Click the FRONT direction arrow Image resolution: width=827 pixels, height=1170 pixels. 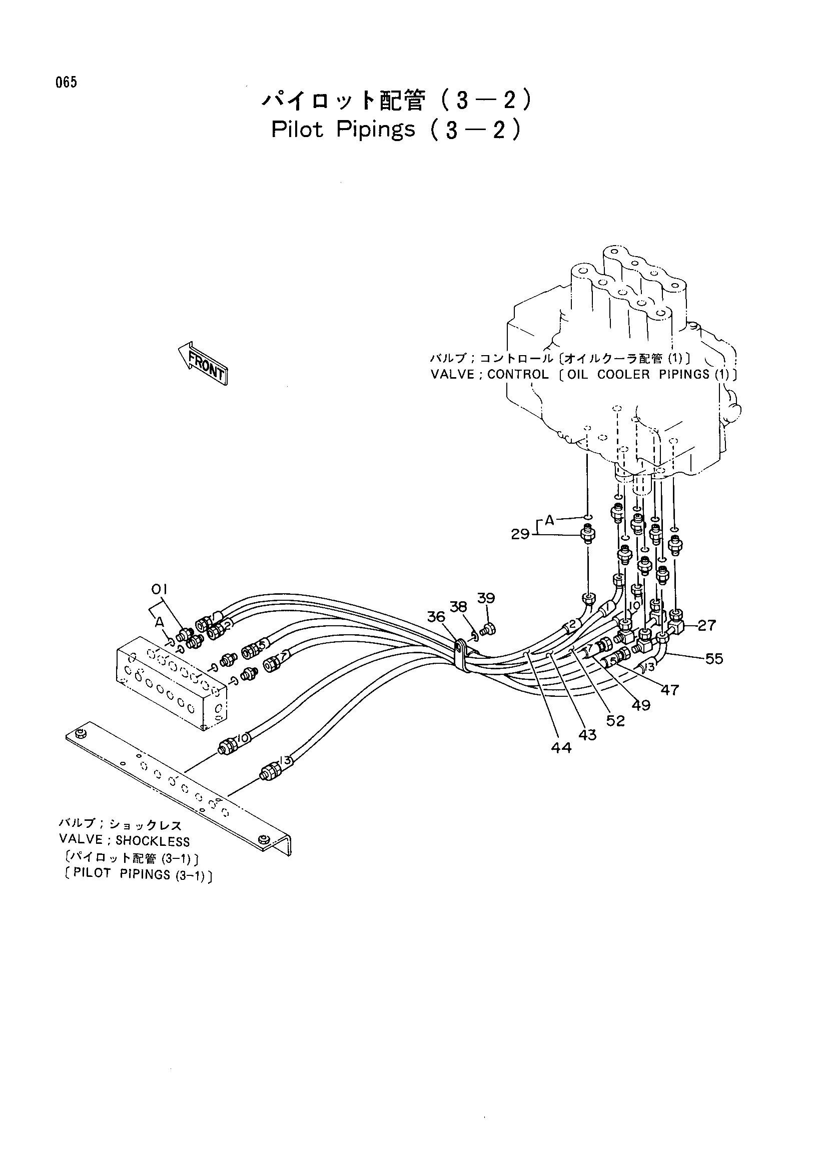click(x=202, y=362)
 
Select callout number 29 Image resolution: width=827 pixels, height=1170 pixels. click(x=521, y=535)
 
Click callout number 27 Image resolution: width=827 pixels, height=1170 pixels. click(x=707, y=625)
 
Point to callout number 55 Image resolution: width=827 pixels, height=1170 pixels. click(x=714, y=659)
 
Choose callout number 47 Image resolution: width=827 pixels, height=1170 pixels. click(x=669, y=690)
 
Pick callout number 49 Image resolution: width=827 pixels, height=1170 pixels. click(x=641, y=705)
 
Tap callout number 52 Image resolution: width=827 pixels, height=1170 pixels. click(x=615, y=720)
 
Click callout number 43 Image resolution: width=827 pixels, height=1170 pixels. click(x=587, y=735)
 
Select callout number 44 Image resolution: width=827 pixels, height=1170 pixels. click(x=561, y=747)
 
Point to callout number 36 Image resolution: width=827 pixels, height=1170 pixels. click(x=436, y=617)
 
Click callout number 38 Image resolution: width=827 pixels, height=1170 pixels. click(x=459, y=606)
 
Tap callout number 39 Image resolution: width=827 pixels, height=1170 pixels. click(x=486, y=598)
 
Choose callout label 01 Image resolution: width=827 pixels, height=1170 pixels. click(x=159, y=590)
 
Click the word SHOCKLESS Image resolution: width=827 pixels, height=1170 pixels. click(x=153, y=841)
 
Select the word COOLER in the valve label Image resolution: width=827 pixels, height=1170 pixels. click(x=623, y=375)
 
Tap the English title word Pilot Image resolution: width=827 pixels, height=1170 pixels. click(x=298, y=130)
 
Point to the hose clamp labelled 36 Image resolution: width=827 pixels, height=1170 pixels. click(x=462, y=654)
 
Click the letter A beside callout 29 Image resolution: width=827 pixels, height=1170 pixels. click(x=549, y=520)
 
